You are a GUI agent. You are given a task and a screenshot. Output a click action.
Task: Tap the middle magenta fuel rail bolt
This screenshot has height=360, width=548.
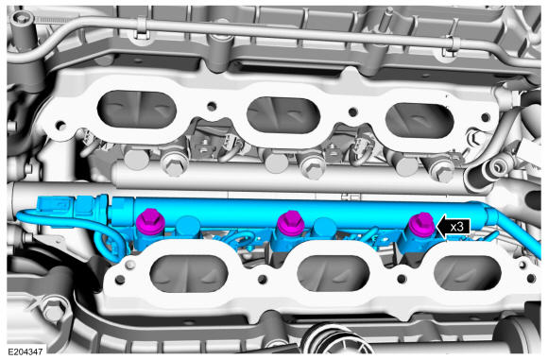[x=291, y=223]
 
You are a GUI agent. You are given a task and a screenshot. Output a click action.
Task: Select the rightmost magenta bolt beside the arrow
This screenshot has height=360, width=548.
[x=421, y=224]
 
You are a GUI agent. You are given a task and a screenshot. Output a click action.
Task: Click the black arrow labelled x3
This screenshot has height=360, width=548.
[x=454, y=227]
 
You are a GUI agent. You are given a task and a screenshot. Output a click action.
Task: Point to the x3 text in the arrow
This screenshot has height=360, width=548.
[x=456, y=227]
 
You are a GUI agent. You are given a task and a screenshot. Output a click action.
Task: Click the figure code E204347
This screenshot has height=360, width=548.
[x=26, y=351]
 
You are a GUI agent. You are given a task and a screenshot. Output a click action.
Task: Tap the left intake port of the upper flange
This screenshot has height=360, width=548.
[x=137, y=110]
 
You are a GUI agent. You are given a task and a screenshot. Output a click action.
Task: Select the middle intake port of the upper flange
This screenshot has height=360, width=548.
[x=283, y=115]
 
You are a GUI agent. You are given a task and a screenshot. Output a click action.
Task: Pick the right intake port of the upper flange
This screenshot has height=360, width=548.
[x=420, y=120]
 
